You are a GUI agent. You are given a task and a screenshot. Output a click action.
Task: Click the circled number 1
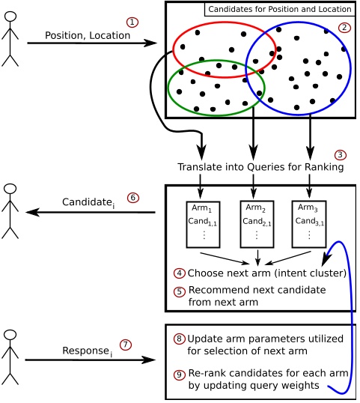pos(132,22)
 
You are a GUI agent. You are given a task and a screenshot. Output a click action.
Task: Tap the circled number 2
pos(344,28)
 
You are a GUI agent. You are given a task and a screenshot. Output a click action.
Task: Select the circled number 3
pos(341,155)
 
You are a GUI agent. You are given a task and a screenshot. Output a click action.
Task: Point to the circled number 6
pos(133,198)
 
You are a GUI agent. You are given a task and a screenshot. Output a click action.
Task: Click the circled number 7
pos(126,345)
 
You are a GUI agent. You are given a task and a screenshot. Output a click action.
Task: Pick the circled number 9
pos(179,375)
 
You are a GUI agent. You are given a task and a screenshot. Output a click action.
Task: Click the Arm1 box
pos(203,225)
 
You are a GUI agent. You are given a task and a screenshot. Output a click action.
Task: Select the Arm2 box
pos(257,225)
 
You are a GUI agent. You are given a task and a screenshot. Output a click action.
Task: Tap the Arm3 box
pos(309,224)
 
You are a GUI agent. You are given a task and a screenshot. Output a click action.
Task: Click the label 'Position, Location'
pos(88,35)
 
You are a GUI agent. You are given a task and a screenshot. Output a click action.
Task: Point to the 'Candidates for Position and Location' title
pos(280,9)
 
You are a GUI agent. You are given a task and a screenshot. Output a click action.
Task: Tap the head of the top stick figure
pos(10,16)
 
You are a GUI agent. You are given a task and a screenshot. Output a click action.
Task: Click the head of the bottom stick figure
pos(10,335)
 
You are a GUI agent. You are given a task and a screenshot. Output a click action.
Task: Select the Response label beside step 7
pos(88,351)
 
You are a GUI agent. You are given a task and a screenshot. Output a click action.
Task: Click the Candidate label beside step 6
pos(88,202)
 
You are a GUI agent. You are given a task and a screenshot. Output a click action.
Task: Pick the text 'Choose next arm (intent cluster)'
pos(267,273)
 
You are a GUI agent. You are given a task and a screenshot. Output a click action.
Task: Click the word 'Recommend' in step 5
pos(219,290)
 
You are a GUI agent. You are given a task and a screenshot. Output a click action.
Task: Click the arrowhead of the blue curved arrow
pos(326,260)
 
